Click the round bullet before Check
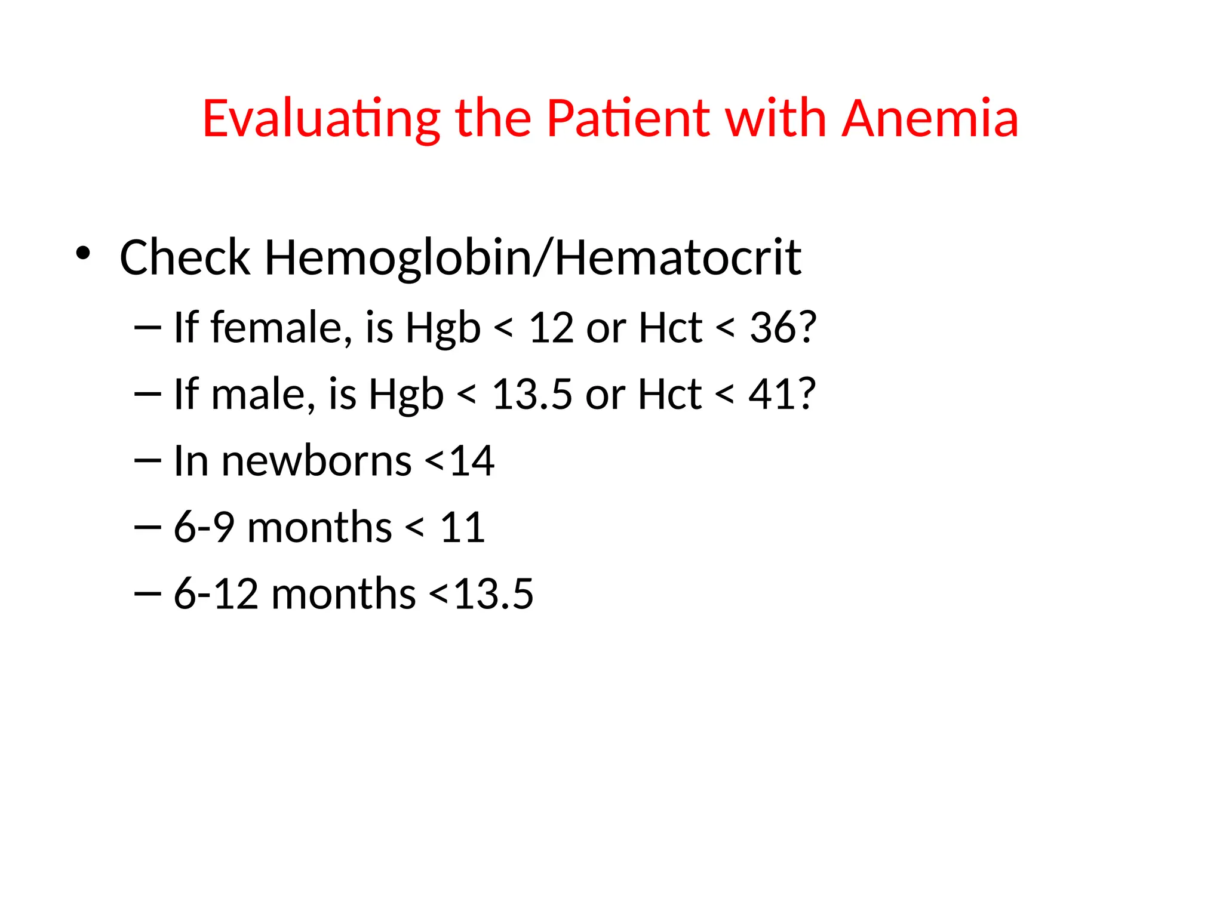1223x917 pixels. [x=83, y=253]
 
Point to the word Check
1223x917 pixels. [x=185, y=257]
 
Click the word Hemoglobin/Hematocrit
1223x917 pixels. [x=533, y=257]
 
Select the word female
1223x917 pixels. [x=277, y=328]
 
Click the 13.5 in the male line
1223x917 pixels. [x=532, y=395]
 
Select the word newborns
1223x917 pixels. [x=316, y=461]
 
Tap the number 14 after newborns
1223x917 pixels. [x=472, y=461]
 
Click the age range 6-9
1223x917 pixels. [x=204, y=528]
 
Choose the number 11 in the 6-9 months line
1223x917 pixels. [x=462, y=528]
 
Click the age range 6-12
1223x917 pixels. [x=216, y=595]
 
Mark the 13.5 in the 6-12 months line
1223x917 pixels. [x=493, y=595]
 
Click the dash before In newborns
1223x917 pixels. [x=148, y=460]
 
